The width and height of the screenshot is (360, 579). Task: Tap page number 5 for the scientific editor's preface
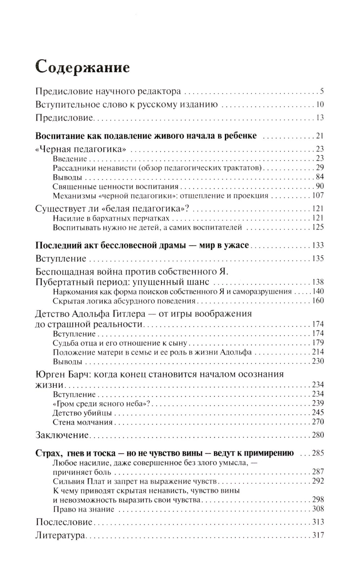(x=322, y=91)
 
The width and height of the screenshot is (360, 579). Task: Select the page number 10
(x=320, y=104)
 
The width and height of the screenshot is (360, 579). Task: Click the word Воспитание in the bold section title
(x=60, y=136)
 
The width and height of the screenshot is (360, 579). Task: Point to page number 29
(x=320, y=167)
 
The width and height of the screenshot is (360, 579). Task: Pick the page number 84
(x=320, y=177)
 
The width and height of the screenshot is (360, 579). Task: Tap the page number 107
(x=318, y=196)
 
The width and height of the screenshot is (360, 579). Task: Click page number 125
(x=318, y=227)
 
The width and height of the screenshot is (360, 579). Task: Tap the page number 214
(x=318, y=352)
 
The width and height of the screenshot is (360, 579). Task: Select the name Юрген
(x=49, y=374)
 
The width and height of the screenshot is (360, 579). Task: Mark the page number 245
(x=318, y=412)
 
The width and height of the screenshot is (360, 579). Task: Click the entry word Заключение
(x=62, y=435)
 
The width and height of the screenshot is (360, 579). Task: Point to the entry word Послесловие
(x=64, y=522)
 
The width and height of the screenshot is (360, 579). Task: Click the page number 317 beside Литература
(x=318, y=535)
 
